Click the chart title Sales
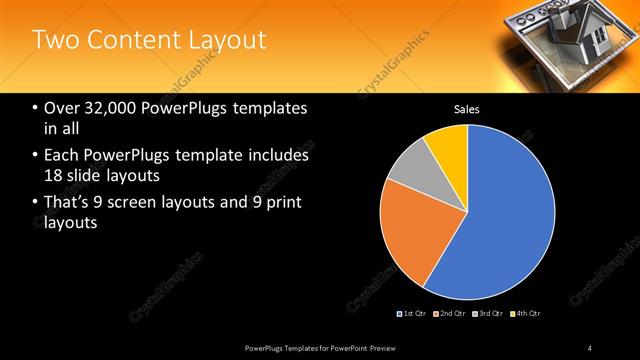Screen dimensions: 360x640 [x=467, y=108]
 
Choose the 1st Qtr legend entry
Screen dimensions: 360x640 [x=414, y=314]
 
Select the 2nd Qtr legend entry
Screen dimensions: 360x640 [x=451, y=314]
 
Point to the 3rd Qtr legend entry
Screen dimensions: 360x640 [x=488, y=314]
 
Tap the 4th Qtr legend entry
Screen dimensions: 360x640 [x=525, y=314]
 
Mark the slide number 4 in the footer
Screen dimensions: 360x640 [x=590, y=347]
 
